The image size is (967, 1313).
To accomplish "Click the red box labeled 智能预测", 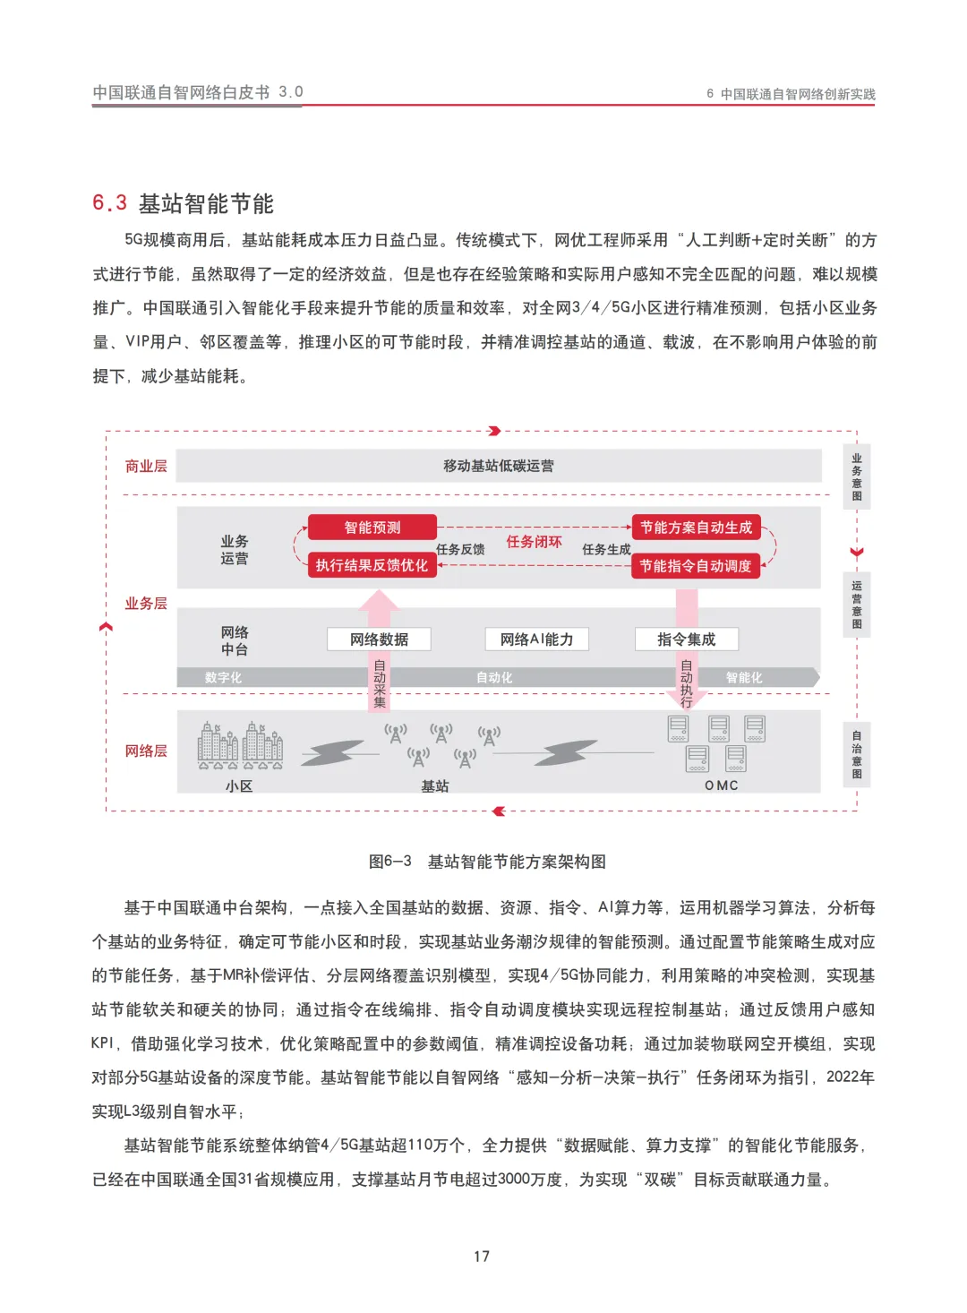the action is (x=372, y=528).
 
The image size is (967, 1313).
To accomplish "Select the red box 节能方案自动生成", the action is (x=696, y=528).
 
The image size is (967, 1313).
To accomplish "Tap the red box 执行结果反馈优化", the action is (x=372, y=565).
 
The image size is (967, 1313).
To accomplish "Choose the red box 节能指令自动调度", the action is (x=696, y=566).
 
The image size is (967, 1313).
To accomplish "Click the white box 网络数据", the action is (x=379, y=639).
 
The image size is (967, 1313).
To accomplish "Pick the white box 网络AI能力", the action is (x=536, y=639).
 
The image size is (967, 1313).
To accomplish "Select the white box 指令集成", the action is (x=686, y=639).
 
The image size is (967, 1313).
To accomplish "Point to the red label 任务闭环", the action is (x=534, y=542).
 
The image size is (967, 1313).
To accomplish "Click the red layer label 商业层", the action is (x=146, y=466).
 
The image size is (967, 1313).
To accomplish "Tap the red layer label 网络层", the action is (x=146, y=751).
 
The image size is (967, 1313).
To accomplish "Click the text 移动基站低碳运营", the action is (x=499, y=466).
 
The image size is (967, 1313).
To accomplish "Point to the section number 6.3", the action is (x=109, y=203).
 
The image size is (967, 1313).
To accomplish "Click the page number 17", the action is (x=482, y=1256).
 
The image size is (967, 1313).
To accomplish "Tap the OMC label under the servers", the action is (x=721, y=785).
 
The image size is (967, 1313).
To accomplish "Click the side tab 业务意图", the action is (x=857, y=476).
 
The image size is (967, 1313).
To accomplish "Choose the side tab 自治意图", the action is (x=857, y=754).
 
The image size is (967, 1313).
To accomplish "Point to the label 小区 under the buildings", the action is (x=239, y=786).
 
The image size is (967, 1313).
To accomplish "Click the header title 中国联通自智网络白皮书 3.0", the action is (x=198, y=92).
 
